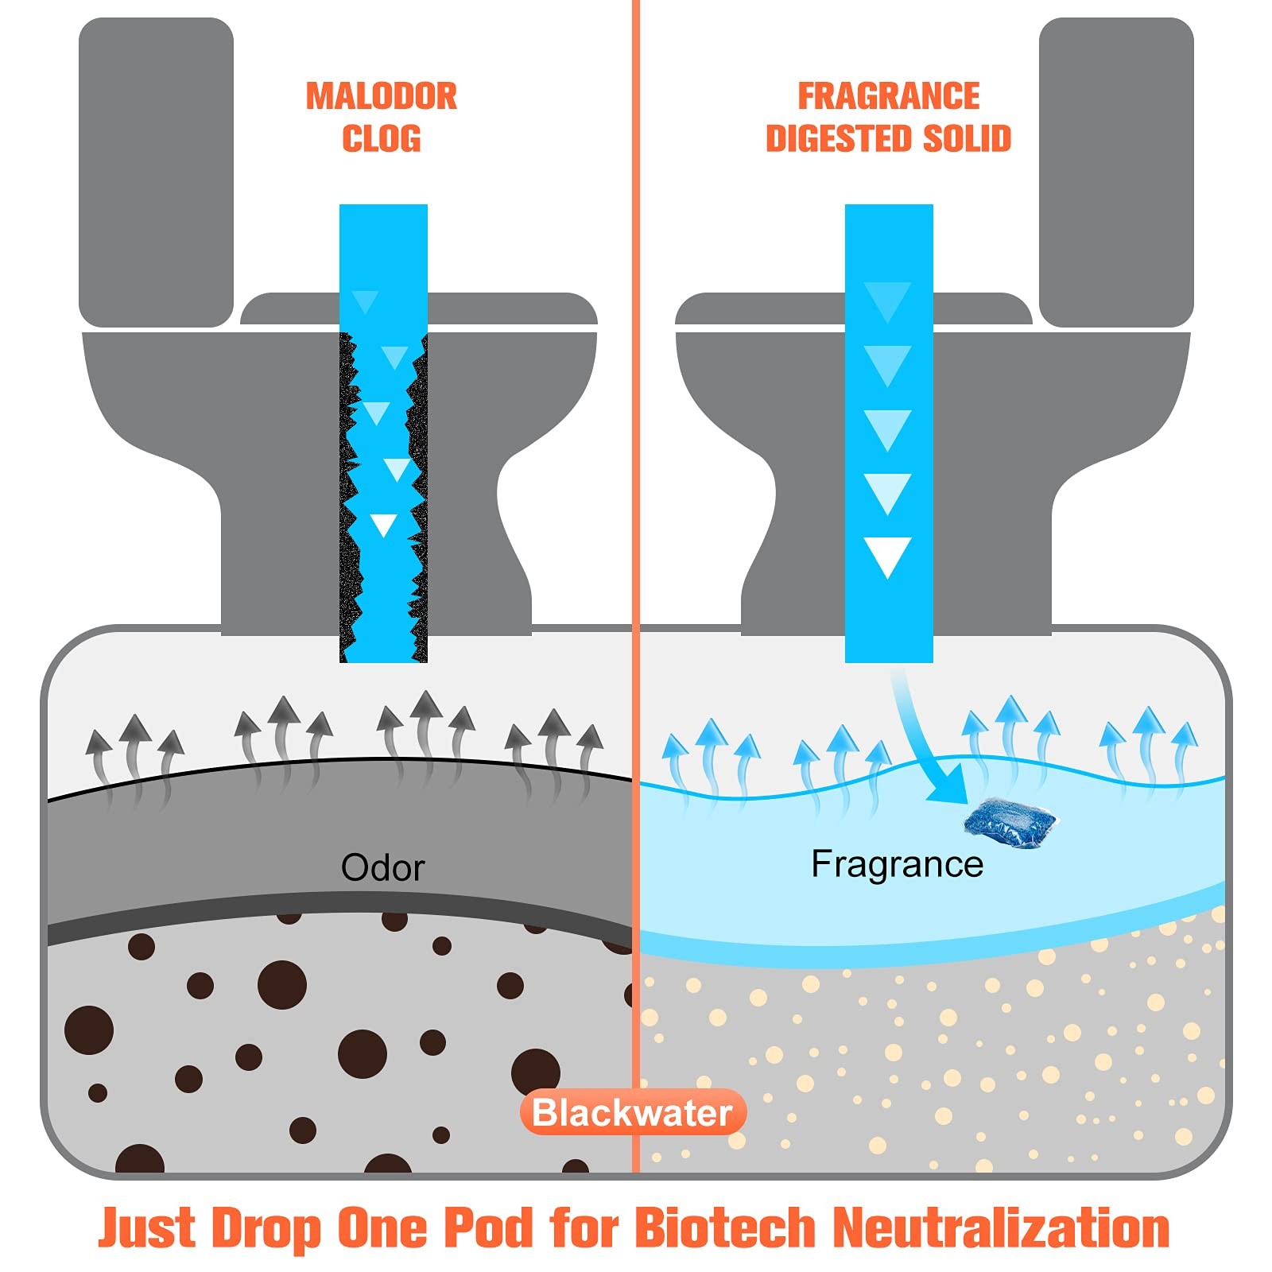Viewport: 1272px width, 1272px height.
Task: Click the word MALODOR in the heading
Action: pyautogui.click(x=382, y=96)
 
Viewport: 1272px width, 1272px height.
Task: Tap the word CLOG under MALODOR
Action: pyautogui.click(x=382, y=138)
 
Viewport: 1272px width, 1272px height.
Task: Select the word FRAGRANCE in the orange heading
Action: pyautogui.click(x=889, y=96)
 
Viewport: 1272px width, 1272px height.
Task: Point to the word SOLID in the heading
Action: pyautogui.click(x=967, y=138)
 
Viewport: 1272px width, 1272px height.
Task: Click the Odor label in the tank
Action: pyautogui.click(x=382, y=867)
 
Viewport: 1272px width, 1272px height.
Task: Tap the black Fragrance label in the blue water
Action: pyautogui.click(x=897, y=865)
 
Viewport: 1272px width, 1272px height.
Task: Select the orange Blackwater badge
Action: pyautogui.click(x=633, y=1112)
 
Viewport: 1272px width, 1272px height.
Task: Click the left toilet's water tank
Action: pyautogui.click(x=156, y=172)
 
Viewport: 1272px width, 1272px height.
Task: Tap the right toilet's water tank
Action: pyautogui.click(x=1116, y=172)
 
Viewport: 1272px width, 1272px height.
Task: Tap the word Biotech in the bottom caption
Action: pyautogui.click(x=724, y=1227)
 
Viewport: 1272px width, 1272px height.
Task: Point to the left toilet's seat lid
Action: pyautogui.click(x=419, y=308)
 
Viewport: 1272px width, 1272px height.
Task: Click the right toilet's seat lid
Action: pyautogui.click(x=854, y=308)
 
